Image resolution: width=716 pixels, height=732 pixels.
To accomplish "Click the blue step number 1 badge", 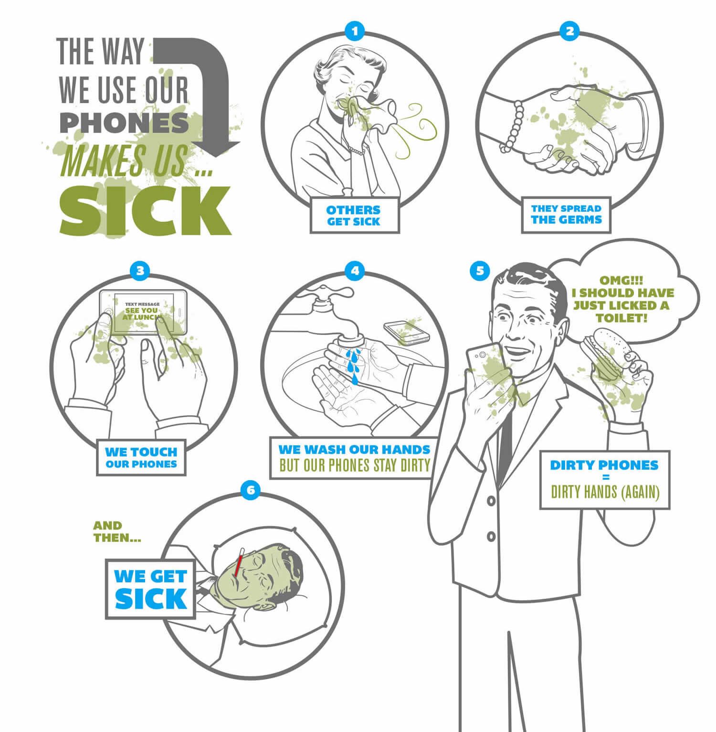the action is click(x=354, y=32).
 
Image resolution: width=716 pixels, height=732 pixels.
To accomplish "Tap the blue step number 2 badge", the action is click(x=569, y=32).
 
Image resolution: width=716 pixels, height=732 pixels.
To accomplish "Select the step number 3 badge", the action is click(x=139, y=271).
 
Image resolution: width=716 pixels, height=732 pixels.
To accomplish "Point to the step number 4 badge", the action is click(x=354, y=271).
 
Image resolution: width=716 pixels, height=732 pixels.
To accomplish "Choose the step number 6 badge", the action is click(x=252, y=490).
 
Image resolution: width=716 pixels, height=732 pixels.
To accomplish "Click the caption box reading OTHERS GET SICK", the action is click(x=353, y=215).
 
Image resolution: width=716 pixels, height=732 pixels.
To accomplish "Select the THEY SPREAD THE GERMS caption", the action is click(x=567, y=215).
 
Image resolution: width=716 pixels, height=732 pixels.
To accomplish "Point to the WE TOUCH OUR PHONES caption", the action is click(x=141, y=457).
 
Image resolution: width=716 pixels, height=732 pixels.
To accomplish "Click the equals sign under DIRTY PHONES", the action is click(x=605, y=478).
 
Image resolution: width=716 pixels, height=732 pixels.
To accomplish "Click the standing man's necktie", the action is click(x=506, y=430).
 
